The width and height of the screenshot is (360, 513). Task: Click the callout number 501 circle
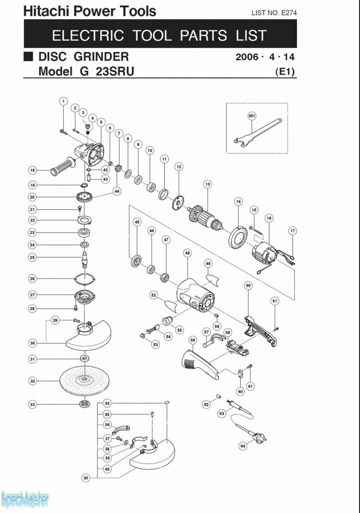pos(252,115)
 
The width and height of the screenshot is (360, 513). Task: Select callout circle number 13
pos(207,185)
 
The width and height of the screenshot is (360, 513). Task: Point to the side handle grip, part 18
pos(63,167)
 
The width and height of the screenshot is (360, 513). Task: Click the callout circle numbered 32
pos(33,381)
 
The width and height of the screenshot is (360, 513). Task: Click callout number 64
pos(243,445)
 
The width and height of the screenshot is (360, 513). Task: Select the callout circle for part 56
pos(193,340)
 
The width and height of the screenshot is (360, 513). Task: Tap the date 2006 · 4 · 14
pos(265,57)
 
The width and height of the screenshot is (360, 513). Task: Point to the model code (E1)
pos(285,72)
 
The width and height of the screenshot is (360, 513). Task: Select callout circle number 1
pos(63,101)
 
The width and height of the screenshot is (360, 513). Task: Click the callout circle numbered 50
pos(248,285)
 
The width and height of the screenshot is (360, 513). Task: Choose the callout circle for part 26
pos(33,279)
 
